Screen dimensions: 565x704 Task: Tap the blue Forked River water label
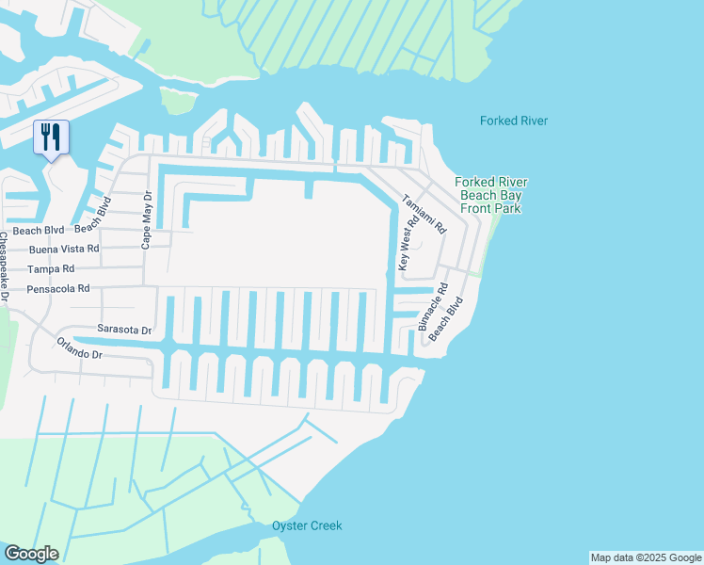513,121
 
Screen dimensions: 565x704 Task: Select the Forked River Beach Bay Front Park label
490,195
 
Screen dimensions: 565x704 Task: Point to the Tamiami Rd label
424,215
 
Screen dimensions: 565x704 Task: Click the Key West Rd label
406,244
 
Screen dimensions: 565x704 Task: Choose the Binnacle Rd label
433,306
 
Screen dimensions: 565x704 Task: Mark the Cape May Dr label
146,222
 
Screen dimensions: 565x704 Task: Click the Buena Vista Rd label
64,250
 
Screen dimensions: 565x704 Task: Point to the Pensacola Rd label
58,289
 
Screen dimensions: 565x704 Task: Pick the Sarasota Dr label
124,330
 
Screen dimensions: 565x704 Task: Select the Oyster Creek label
307,525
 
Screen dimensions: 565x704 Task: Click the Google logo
30,554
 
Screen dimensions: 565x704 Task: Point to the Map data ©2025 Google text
646,557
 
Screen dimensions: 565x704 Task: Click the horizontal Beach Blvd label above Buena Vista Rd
39,230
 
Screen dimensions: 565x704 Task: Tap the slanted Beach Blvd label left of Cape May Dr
93,214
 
